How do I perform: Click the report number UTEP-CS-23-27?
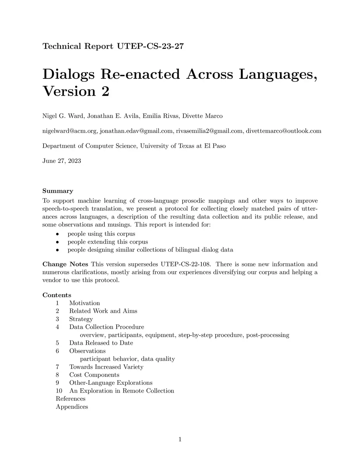coord(150,46)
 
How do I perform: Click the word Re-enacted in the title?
coord(140,74)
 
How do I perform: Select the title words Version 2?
coord(76,91)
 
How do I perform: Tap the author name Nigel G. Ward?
coord(62,116)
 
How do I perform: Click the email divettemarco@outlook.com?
coord(283,131)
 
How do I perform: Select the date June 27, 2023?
coord(62,161)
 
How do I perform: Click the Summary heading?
coord(58,191)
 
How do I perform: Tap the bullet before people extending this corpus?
coord(57,242)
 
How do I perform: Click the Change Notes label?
coord(65,264)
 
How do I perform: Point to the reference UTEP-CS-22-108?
coord(186,264)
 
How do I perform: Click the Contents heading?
coord(57,295)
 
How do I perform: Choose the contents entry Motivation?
coord(84,303)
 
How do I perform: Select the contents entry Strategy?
coord(81,319)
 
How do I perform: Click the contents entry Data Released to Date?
coord(101,343)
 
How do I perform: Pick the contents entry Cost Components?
coord(94,375)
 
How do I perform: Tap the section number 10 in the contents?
coord(59,391)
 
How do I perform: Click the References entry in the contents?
coord(71,399)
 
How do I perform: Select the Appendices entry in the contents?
coord(72,407)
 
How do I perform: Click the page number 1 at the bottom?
coord(180,439)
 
